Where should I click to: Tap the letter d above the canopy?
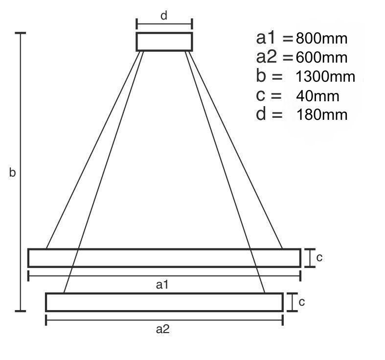(164, 16)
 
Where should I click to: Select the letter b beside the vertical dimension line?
(12, 172)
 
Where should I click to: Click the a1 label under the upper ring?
(162, 285)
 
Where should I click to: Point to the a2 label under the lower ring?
(163, 329)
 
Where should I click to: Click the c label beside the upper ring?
(319, 258)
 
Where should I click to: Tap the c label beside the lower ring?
(302, 302)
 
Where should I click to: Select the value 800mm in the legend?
(322, 39)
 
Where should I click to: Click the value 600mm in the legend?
(322, 58)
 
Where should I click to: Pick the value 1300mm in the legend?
(326, 77)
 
